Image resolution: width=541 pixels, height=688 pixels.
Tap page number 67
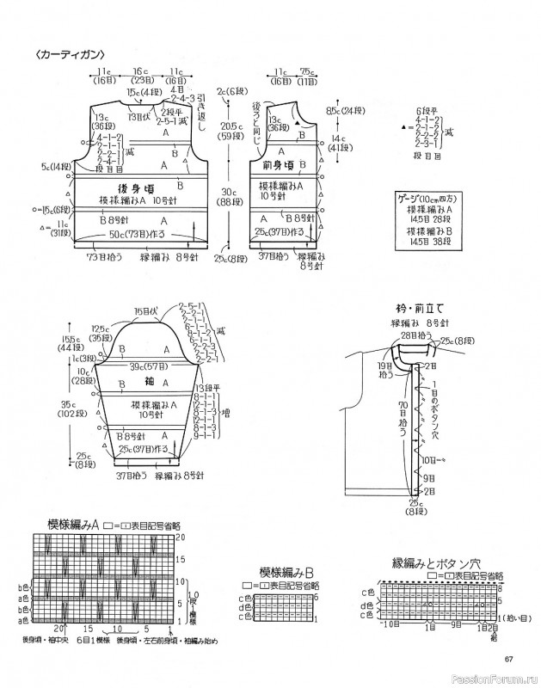coord(508,660)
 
